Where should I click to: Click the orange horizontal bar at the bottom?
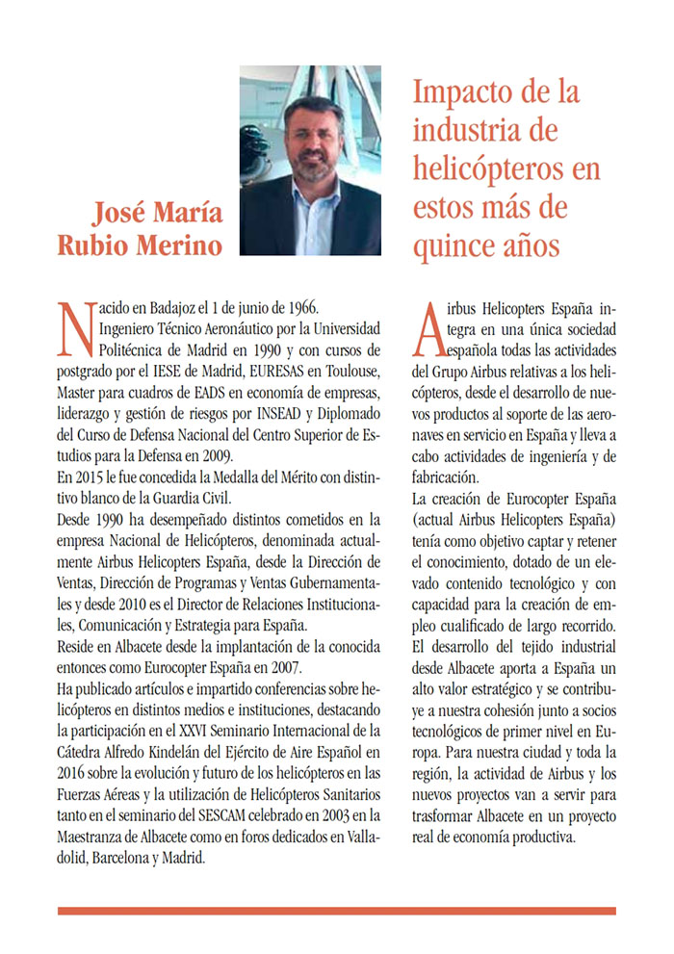pyautogui.click(x=336, y=910)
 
